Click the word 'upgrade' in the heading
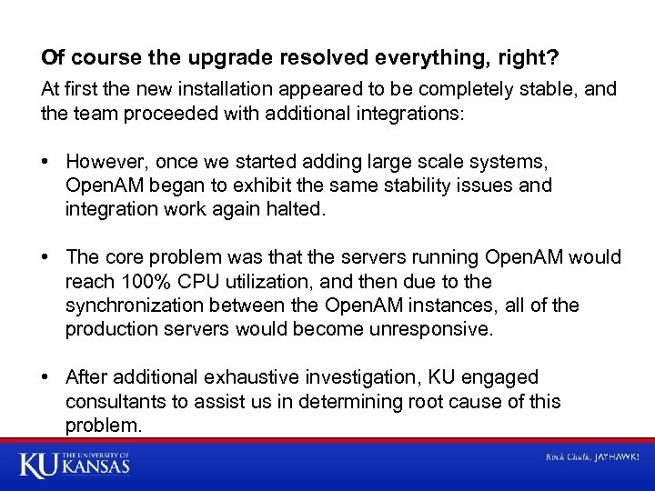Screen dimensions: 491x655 tap(219, 58)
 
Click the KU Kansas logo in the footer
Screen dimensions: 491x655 tap(75, 465)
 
